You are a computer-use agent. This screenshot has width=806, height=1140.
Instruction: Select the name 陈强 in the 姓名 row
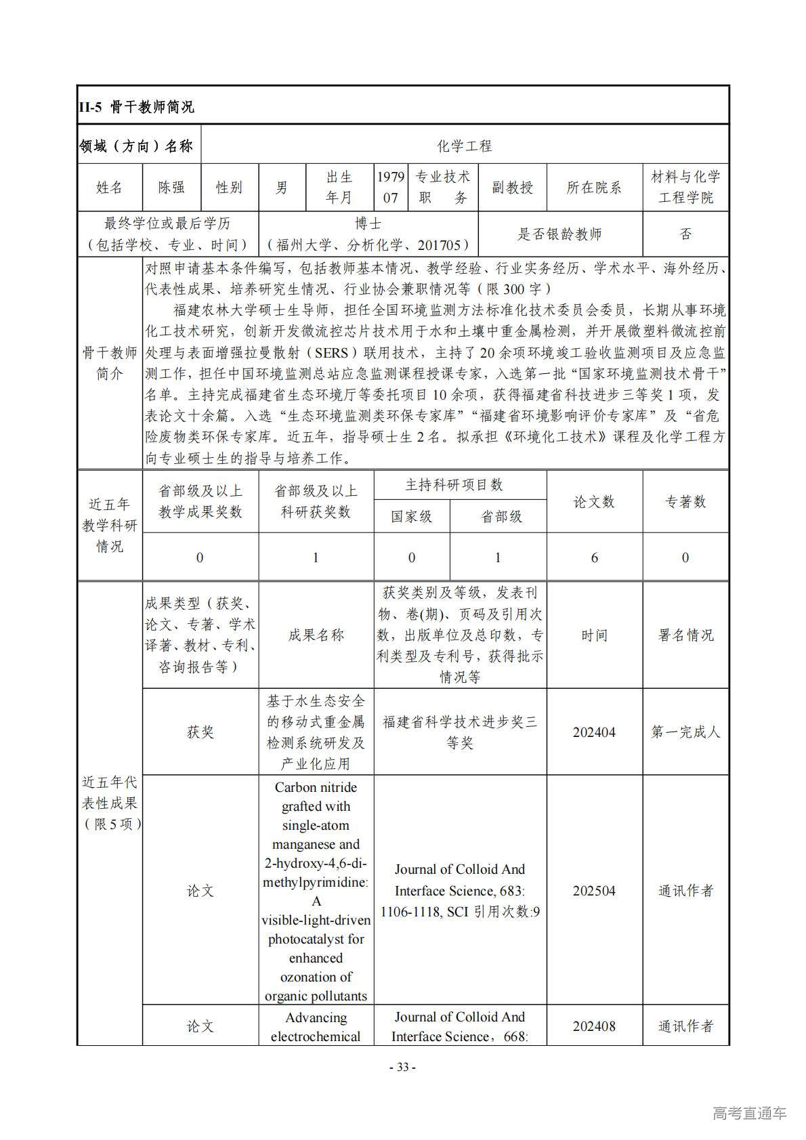pos(171,188)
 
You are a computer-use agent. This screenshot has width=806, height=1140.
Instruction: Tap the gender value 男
pos(282,188)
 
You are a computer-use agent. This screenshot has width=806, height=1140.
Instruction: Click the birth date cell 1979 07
pos(391,188)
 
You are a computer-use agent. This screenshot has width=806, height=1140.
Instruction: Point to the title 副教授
pos(512,188)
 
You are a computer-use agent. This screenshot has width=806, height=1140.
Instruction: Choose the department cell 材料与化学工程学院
pos(685,188)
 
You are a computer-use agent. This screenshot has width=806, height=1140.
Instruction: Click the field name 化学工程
pos(465,146)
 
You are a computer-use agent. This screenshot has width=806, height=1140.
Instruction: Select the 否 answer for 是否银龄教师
pos(685,234)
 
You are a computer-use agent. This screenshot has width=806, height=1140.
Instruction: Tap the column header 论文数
pos(594,501)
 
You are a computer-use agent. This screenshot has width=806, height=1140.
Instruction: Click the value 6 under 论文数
pos(594,557)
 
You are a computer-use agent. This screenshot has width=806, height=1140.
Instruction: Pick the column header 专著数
pos(685,501)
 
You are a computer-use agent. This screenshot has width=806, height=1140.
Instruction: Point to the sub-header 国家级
pos(411,517)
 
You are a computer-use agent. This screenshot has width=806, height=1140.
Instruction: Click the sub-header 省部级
pos(501,517)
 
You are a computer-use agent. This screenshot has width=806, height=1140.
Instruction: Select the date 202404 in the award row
pos(594,732)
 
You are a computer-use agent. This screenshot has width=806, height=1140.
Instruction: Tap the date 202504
pos(594,891)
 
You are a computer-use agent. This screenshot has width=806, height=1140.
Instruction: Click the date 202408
pos(594,1026)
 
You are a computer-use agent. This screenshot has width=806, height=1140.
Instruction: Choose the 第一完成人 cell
pos(685,732)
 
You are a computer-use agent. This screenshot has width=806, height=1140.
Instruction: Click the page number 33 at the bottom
pos(402,1068)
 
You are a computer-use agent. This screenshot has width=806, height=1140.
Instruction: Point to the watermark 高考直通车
pos(749,1113)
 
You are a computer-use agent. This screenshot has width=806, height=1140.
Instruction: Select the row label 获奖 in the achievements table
pos(200,732)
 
